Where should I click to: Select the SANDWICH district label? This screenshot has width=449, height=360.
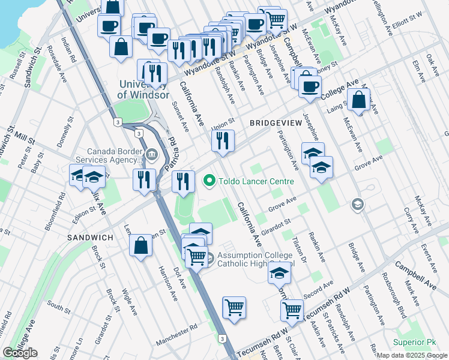90,238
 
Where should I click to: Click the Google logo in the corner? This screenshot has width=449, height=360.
20,353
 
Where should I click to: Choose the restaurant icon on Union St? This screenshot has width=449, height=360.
222,141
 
